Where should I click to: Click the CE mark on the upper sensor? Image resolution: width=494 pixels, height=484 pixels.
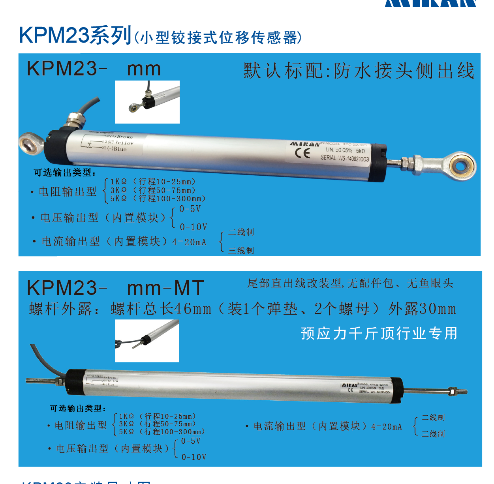point(302,153)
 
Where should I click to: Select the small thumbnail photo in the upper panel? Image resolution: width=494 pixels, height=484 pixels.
point(147,102)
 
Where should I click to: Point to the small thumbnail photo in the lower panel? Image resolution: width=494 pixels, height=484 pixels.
point(147,341)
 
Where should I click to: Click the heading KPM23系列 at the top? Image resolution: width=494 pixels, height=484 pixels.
point(75,36)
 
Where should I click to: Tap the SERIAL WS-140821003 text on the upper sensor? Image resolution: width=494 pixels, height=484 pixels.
point(345,158)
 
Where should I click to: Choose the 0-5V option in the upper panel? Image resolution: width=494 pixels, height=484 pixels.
point(190,209)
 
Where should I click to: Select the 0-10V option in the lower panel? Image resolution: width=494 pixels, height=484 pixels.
point(194,457)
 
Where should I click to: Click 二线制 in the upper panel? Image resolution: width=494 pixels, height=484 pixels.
point(241,232)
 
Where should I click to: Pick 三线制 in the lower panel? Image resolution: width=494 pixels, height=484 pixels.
point(433,434)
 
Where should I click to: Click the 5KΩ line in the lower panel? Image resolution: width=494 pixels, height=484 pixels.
point(162,432)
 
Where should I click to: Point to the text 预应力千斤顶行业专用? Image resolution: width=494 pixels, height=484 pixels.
point(379,334)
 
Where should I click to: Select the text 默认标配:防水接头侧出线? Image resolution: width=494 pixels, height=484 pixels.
point(359,71)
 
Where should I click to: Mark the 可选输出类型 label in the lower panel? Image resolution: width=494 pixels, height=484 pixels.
point(77,408)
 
